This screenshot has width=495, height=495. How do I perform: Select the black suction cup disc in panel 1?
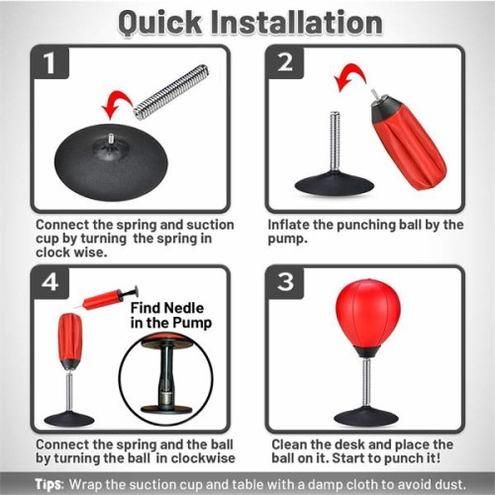click(x=109, y=178)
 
